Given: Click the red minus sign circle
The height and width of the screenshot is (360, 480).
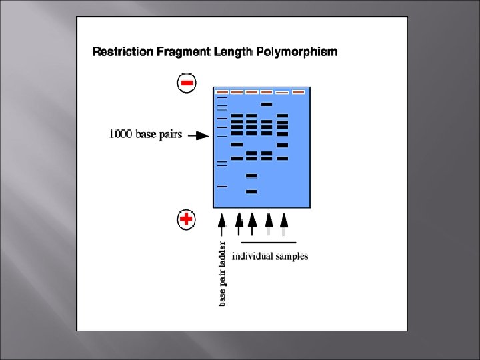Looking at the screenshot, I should (187, 83).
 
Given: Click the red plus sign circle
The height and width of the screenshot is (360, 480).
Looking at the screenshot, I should (187, 219).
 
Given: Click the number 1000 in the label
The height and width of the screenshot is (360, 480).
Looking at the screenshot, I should (121, 135).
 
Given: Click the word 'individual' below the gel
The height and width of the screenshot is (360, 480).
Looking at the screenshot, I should (251, 256).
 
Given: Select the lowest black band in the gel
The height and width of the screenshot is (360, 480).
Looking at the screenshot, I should (251, 191).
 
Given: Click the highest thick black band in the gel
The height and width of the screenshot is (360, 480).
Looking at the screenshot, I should (267, 104).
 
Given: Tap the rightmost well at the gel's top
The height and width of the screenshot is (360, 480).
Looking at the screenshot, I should (298, 91).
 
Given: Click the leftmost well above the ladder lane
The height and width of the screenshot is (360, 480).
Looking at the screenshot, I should (222, 91).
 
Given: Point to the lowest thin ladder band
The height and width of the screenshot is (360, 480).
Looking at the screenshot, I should (222, 187).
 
